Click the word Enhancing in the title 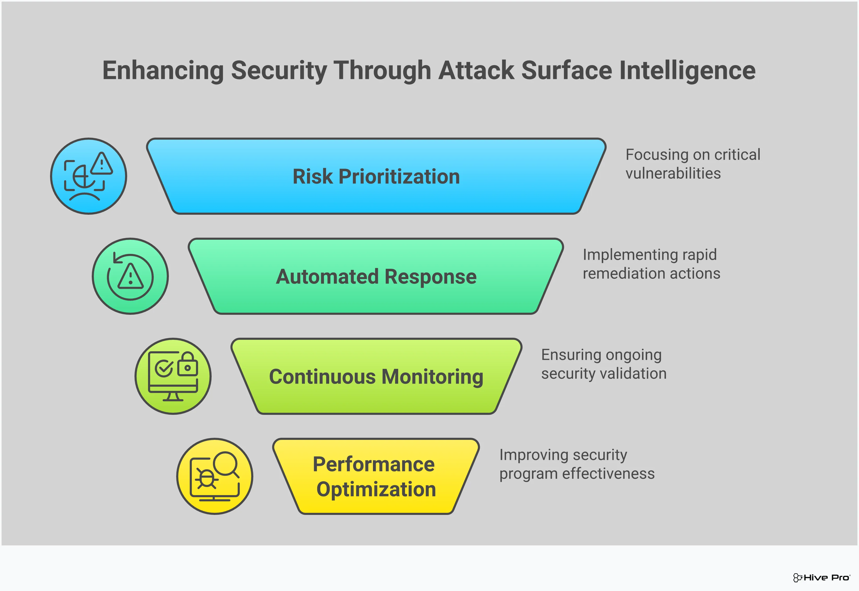click(163, 70)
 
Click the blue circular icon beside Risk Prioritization click(89, 176)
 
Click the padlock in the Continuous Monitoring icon click(188, 365)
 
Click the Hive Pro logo click(822, 577)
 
